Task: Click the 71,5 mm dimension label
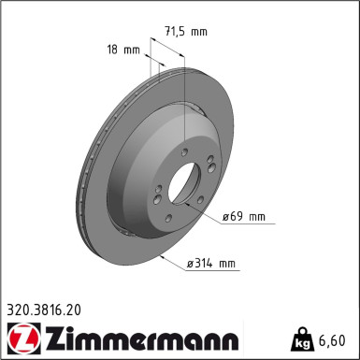pyautogui.click(x=185, y=32)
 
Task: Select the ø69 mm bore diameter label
pyautogui.click(x=243, y=217)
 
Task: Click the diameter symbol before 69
pyautogui.click(x=226, y=217)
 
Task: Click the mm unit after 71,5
pyautogui.click(x=198, y=32)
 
